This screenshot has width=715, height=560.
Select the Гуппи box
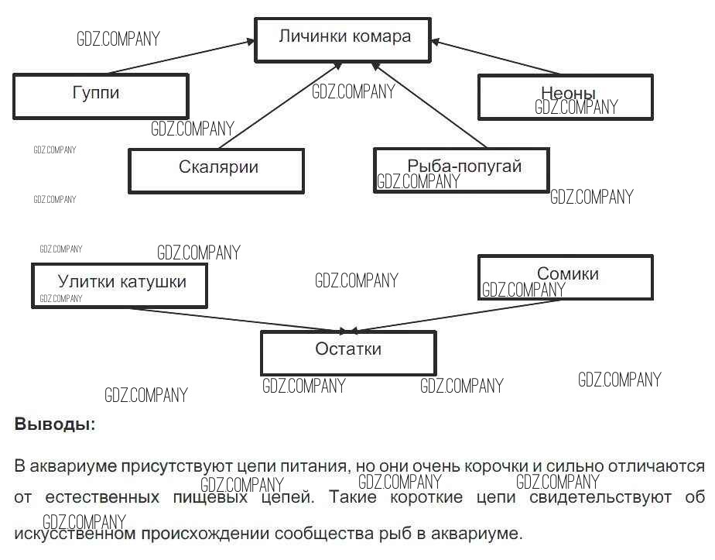click(101, 96)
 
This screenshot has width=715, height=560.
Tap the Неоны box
click(565, 97)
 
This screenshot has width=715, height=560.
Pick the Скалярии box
click(216, 170)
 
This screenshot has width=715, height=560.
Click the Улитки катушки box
click(120, 285)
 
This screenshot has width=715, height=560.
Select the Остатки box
click(348, 352)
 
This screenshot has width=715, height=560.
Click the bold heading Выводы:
click(55, 424)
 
